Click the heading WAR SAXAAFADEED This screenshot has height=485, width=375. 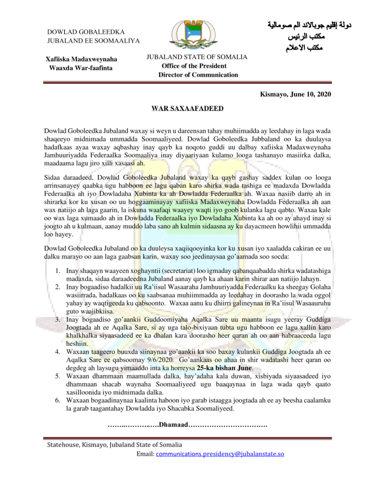coord(187,108)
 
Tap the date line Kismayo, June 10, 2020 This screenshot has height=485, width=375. coord(295,94)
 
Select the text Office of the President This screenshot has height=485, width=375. coord(194,66)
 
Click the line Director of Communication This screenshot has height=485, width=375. coord(198,75)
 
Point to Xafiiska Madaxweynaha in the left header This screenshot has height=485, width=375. coord(81,59)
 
